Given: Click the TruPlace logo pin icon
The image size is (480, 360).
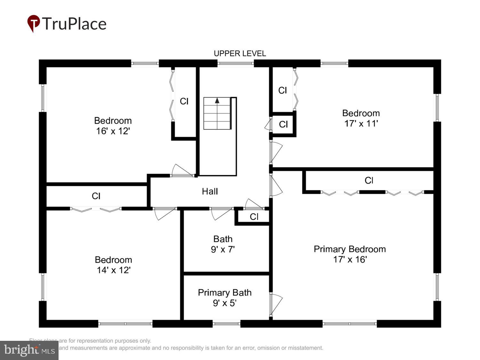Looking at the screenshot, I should coord(33,23).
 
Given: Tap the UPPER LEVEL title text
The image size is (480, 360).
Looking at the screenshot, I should coord(240,53).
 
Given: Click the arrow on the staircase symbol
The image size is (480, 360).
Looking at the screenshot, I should coord(217,100).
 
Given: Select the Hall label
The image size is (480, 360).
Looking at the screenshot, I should coord(210,191).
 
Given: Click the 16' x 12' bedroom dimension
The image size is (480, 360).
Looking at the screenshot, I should coord(113,131).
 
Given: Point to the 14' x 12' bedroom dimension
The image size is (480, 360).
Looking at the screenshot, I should coord(114,270).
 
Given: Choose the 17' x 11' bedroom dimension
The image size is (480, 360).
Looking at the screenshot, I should coord(361,124).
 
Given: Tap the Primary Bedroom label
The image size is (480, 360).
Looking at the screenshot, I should coord(349,249).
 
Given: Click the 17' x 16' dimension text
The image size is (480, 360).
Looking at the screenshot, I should coord(350,260).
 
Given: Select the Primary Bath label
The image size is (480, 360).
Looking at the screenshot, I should coord(225,292).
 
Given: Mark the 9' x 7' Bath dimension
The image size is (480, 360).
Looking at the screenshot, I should coord(223,249).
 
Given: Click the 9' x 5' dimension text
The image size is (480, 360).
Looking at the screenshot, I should coord(225,303).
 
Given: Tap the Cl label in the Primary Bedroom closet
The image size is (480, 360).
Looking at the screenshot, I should coord(369,180).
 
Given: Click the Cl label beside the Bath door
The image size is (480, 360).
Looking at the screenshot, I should coord(254,217).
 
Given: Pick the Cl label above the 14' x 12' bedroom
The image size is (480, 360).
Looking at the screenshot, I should coord(96,196).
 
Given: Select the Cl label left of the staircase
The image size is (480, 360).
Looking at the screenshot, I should coord(184,101).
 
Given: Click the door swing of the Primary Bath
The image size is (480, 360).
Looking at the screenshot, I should coord(276,304).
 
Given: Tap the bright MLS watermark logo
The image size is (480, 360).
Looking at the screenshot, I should coord(29,350).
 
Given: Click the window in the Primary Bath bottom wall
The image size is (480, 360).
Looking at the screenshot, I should coord(226,324).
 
